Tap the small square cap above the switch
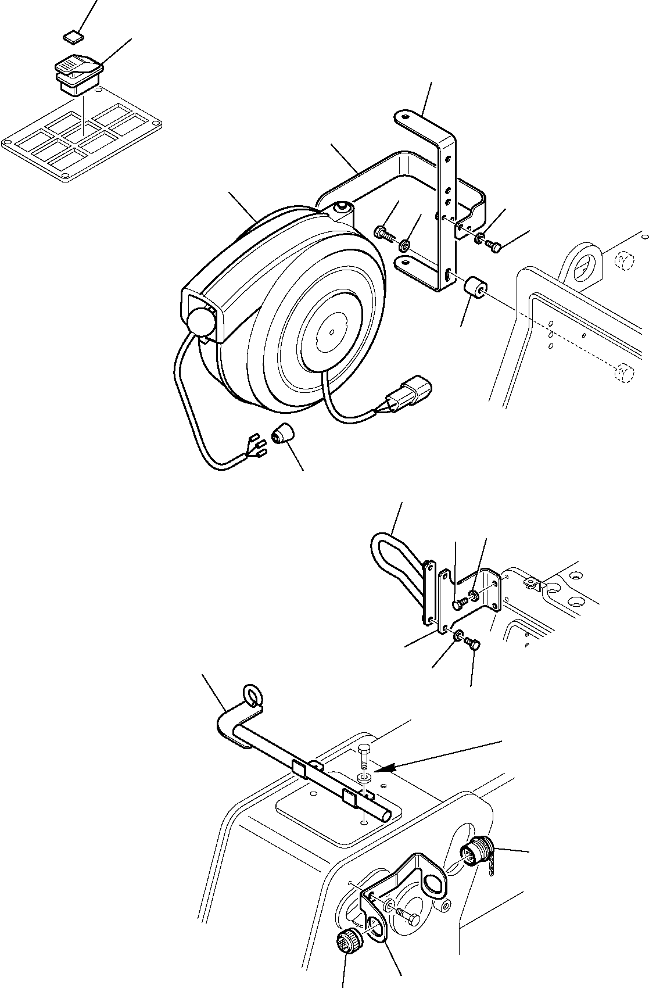click(72, 38)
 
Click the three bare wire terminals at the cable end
click(257, 445)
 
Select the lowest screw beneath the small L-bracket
click(473, 643)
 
